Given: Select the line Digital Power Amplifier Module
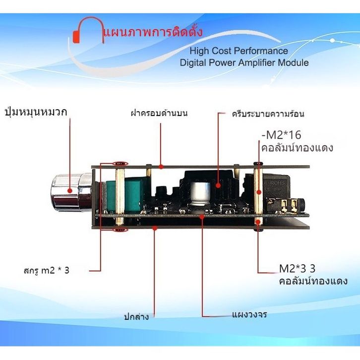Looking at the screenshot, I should pos(244,63).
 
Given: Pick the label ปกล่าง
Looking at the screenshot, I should pos(136,316).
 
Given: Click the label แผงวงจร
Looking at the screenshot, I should pos(249,314).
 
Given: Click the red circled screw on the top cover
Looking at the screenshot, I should pos(120,163).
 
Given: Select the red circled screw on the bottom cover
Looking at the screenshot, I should pos(119,229).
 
